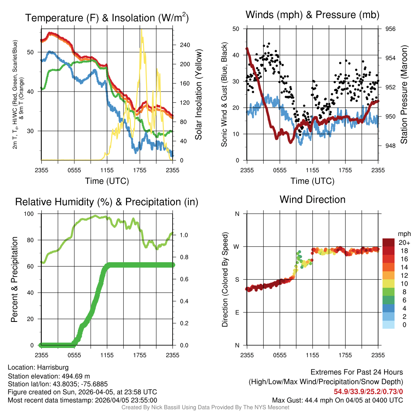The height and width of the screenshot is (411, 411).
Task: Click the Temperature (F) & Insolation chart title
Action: pos(107,18)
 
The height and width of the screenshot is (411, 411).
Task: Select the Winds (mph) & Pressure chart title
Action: pos(313,15)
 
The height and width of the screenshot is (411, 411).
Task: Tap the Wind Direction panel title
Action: pos(312,199)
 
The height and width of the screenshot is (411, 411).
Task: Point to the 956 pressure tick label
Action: pos(391,29)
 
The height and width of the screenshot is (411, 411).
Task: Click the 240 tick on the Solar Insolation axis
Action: pos(185,45)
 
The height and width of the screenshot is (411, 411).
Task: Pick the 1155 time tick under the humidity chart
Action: pos(107,355)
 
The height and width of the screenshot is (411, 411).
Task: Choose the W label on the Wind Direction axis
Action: pos(237,247)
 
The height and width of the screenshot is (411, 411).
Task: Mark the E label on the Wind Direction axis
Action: pos(237,313)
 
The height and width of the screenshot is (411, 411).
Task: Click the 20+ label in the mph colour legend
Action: pos(404,242)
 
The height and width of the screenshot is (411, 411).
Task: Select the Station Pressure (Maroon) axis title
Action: pos(404,94)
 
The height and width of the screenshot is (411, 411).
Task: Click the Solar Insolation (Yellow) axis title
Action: pos(199,94)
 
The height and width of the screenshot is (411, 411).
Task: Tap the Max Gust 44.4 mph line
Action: pos(337,400)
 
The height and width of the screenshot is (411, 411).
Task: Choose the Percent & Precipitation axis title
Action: pos(15,279)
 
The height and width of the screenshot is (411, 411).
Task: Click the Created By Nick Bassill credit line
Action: pos(205,407)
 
